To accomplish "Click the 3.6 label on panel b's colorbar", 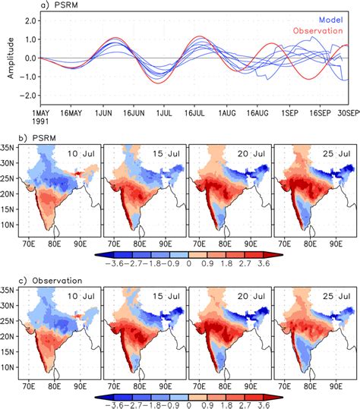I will tap(265, 261).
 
